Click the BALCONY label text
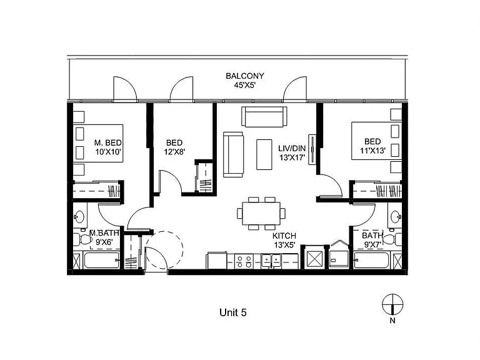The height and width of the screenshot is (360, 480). coord(244,76)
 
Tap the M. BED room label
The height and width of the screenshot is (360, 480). coord(107,142)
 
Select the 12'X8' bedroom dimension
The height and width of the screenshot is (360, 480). coord(174,151)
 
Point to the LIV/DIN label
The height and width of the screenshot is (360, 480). coord(292,149)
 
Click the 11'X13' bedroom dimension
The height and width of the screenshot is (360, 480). coord(372,151)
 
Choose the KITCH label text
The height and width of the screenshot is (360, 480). coord(284,236)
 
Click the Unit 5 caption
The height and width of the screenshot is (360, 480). coord(233,312)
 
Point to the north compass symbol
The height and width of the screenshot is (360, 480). coord(392,304)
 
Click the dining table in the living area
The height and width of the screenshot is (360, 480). coord(261,213)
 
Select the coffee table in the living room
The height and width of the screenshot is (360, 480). coord(264,154)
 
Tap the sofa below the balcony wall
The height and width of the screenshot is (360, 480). coord(264,116)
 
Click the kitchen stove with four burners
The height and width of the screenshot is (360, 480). coord(244,262)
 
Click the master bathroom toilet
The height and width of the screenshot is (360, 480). coord(80,239)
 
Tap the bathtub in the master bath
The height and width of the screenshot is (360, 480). coord(101,260)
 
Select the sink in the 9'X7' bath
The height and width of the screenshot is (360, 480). coord(396,217)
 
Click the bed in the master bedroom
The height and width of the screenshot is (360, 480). coord(98,143)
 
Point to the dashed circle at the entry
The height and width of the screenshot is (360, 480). coord(164,249)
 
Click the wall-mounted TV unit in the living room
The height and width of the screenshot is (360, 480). coord(312,149)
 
